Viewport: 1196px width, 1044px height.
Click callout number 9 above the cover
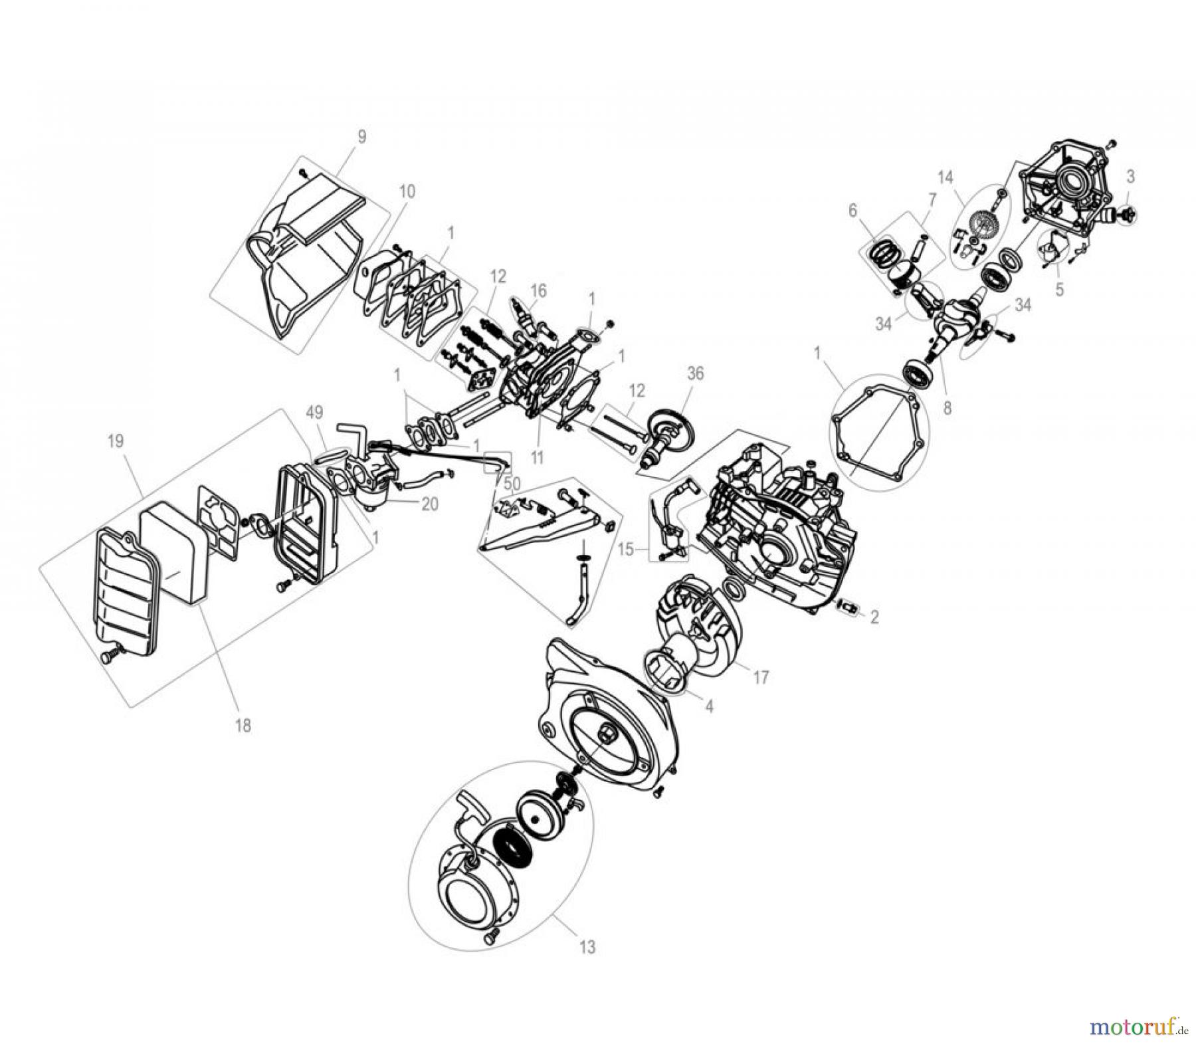click(361, 137)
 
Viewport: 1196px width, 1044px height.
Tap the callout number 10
click(407, 191)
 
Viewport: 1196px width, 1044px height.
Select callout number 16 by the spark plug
click(538, 290)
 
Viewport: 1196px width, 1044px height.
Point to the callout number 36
click(695, 373)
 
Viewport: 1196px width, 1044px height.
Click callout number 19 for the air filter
click(116, 441)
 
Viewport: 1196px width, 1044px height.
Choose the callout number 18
click(244, 726)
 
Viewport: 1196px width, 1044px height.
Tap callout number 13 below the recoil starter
click(587, 946)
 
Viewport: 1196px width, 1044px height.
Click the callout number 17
click(761, 677)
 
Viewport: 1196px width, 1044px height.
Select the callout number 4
click(709, 707)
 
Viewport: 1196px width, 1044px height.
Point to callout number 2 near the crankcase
click(874, 617)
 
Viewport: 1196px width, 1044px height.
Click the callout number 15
click(625, 550)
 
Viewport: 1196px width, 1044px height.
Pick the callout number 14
click(945, 177)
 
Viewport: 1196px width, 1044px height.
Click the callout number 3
click(1130, 176)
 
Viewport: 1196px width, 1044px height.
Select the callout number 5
click(1060, 289)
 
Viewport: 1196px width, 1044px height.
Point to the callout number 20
click(430, 504)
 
